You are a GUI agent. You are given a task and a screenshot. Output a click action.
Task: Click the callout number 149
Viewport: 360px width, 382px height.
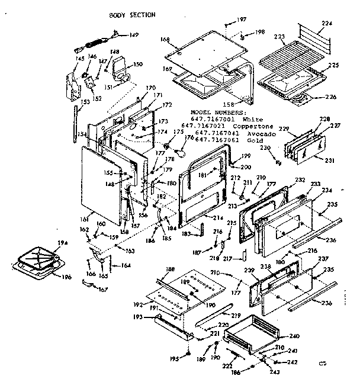point(134,35)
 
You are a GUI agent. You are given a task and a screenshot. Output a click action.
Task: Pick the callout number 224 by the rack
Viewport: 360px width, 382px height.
point(326,23)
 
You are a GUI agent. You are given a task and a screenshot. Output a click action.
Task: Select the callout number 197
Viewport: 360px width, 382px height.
point(242,20)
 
